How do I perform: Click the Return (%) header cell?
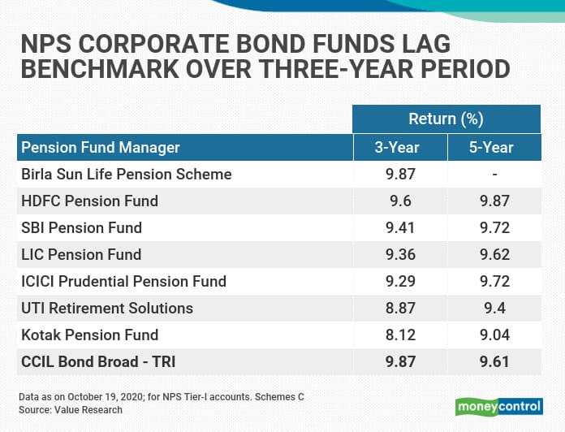tap(446, 119)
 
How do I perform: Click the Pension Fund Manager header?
tap(101, 147)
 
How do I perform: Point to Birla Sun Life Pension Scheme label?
tap(127, 174)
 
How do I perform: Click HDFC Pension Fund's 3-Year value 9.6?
tap(400, 201)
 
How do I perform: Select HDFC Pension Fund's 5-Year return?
tap(494, 201)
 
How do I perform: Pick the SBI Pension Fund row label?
tap(81, 227)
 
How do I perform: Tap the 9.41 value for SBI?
tap(400, 227)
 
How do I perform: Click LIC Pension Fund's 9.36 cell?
tap(400, 255)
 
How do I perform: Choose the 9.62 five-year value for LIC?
tap(494, 255)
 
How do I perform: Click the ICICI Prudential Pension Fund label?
tap(123, 282)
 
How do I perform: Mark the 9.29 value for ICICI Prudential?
tap(400, 282)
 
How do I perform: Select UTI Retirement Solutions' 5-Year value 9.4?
tap(494, 308)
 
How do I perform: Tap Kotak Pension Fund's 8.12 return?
tap(400, 335)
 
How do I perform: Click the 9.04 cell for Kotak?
tap(494, 335)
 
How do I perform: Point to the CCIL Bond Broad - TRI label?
tap(98, 361)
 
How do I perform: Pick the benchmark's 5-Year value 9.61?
tap(494, 361)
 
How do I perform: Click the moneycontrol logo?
tap(499, 407)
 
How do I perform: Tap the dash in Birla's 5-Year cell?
tap(494, 175)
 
